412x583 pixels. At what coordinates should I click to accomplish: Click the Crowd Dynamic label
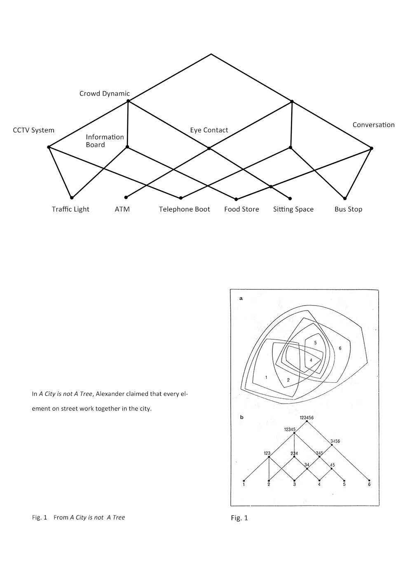104,94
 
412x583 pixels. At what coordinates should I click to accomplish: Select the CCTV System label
33,130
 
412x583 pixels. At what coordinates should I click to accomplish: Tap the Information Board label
105,141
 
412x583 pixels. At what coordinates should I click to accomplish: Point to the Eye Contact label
209,130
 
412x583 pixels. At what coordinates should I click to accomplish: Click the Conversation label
374,125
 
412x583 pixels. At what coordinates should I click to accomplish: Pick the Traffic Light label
70,209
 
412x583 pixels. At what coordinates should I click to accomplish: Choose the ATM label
122,209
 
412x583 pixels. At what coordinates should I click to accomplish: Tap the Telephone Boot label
185,209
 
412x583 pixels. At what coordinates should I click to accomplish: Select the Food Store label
241,209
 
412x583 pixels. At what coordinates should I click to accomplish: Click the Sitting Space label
293,209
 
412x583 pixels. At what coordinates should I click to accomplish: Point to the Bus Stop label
348,209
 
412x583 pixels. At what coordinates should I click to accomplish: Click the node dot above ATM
126,197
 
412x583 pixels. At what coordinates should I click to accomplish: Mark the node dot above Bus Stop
345,198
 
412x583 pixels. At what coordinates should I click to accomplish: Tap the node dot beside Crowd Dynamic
128,101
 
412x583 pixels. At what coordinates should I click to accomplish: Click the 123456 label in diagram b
307,418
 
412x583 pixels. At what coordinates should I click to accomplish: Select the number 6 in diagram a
340,348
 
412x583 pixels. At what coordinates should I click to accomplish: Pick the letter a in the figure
241,299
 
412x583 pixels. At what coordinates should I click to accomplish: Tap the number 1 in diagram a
266,377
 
